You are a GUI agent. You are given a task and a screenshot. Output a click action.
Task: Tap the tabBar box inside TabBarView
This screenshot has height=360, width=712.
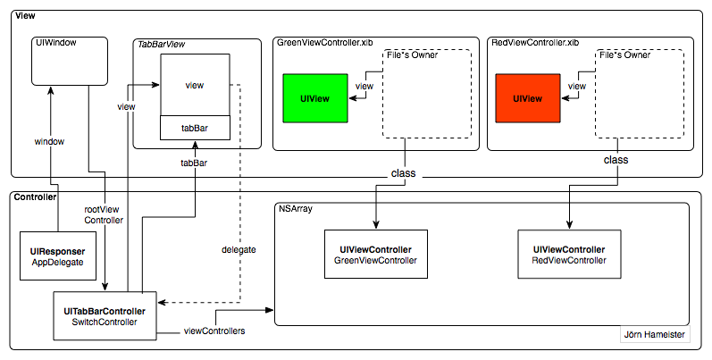(196, 128)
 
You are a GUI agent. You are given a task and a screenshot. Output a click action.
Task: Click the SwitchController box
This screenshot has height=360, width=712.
(106, 315)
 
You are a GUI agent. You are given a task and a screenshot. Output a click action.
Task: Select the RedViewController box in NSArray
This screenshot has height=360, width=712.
(569, 254)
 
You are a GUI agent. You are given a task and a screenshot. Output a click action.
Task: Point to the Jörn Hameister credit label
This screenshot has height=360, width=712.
(655, 338)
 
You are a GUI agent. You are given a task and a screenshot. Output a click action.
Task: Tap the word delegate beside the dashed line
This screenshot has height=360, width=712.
(239, 249)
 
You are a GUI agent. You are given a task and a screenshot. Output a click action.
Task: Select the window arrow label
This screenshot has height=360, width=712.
(49, 141)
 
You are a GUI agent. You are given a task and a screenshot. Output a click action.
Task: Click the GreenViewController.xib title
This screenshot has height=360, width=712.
(324, 43)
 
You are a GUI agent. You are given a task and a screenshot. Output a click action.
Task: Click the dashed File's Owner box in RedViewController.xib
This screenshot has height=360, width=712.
(640, 94)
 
